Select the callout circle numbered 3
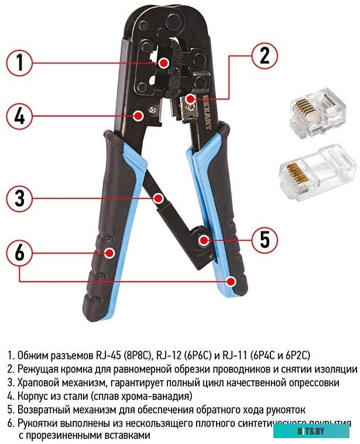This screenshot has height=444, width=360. pyautogui.click(x=19, y=199)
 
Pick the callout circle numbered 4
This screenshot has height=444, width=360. pyautogui.click(x=19, y=115)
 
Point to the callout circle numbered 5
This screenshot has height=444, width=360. pyautogui.click(x=264, y=239)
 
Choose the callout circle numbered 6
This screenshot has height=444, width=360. pyautogui.click(x=19, y=253)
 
